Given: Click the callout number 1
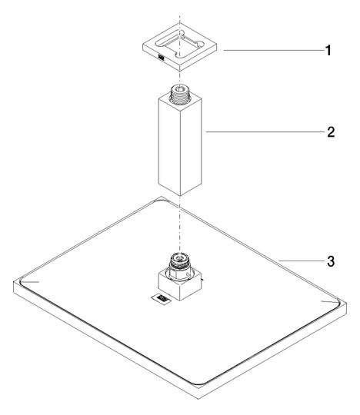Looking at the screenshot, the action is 328,50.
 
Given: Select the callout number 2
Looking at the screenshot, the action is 331,132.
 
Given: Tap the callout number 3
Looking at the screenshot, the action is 331,261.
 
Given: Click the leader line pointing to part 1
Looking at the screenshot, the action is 274,50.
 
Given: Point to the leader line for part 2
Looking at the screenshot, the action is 265,131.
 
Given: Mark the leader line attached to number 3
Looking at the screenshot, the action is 302,261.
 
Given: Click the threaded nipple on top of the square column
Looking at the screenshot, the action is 180,94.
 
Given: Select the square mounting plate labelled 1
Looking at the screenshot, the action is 180,48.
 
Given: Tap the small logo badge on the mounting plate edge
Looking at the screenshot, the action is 161,57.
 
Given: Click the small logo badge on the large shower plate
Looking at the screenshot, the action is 160,299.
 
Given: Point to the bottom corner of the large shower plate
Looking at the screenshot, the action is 198,399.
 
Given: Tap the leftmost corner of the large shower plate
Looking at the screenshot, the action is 14,282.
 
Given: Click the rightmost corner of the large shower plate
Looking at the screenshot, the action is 346,304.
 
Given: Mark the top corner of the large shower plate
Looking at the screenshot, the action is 162,197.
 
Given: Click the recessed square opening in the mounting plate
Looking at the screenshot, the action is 179,45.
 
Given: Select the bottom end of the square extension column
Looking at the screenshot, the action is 180,196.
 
